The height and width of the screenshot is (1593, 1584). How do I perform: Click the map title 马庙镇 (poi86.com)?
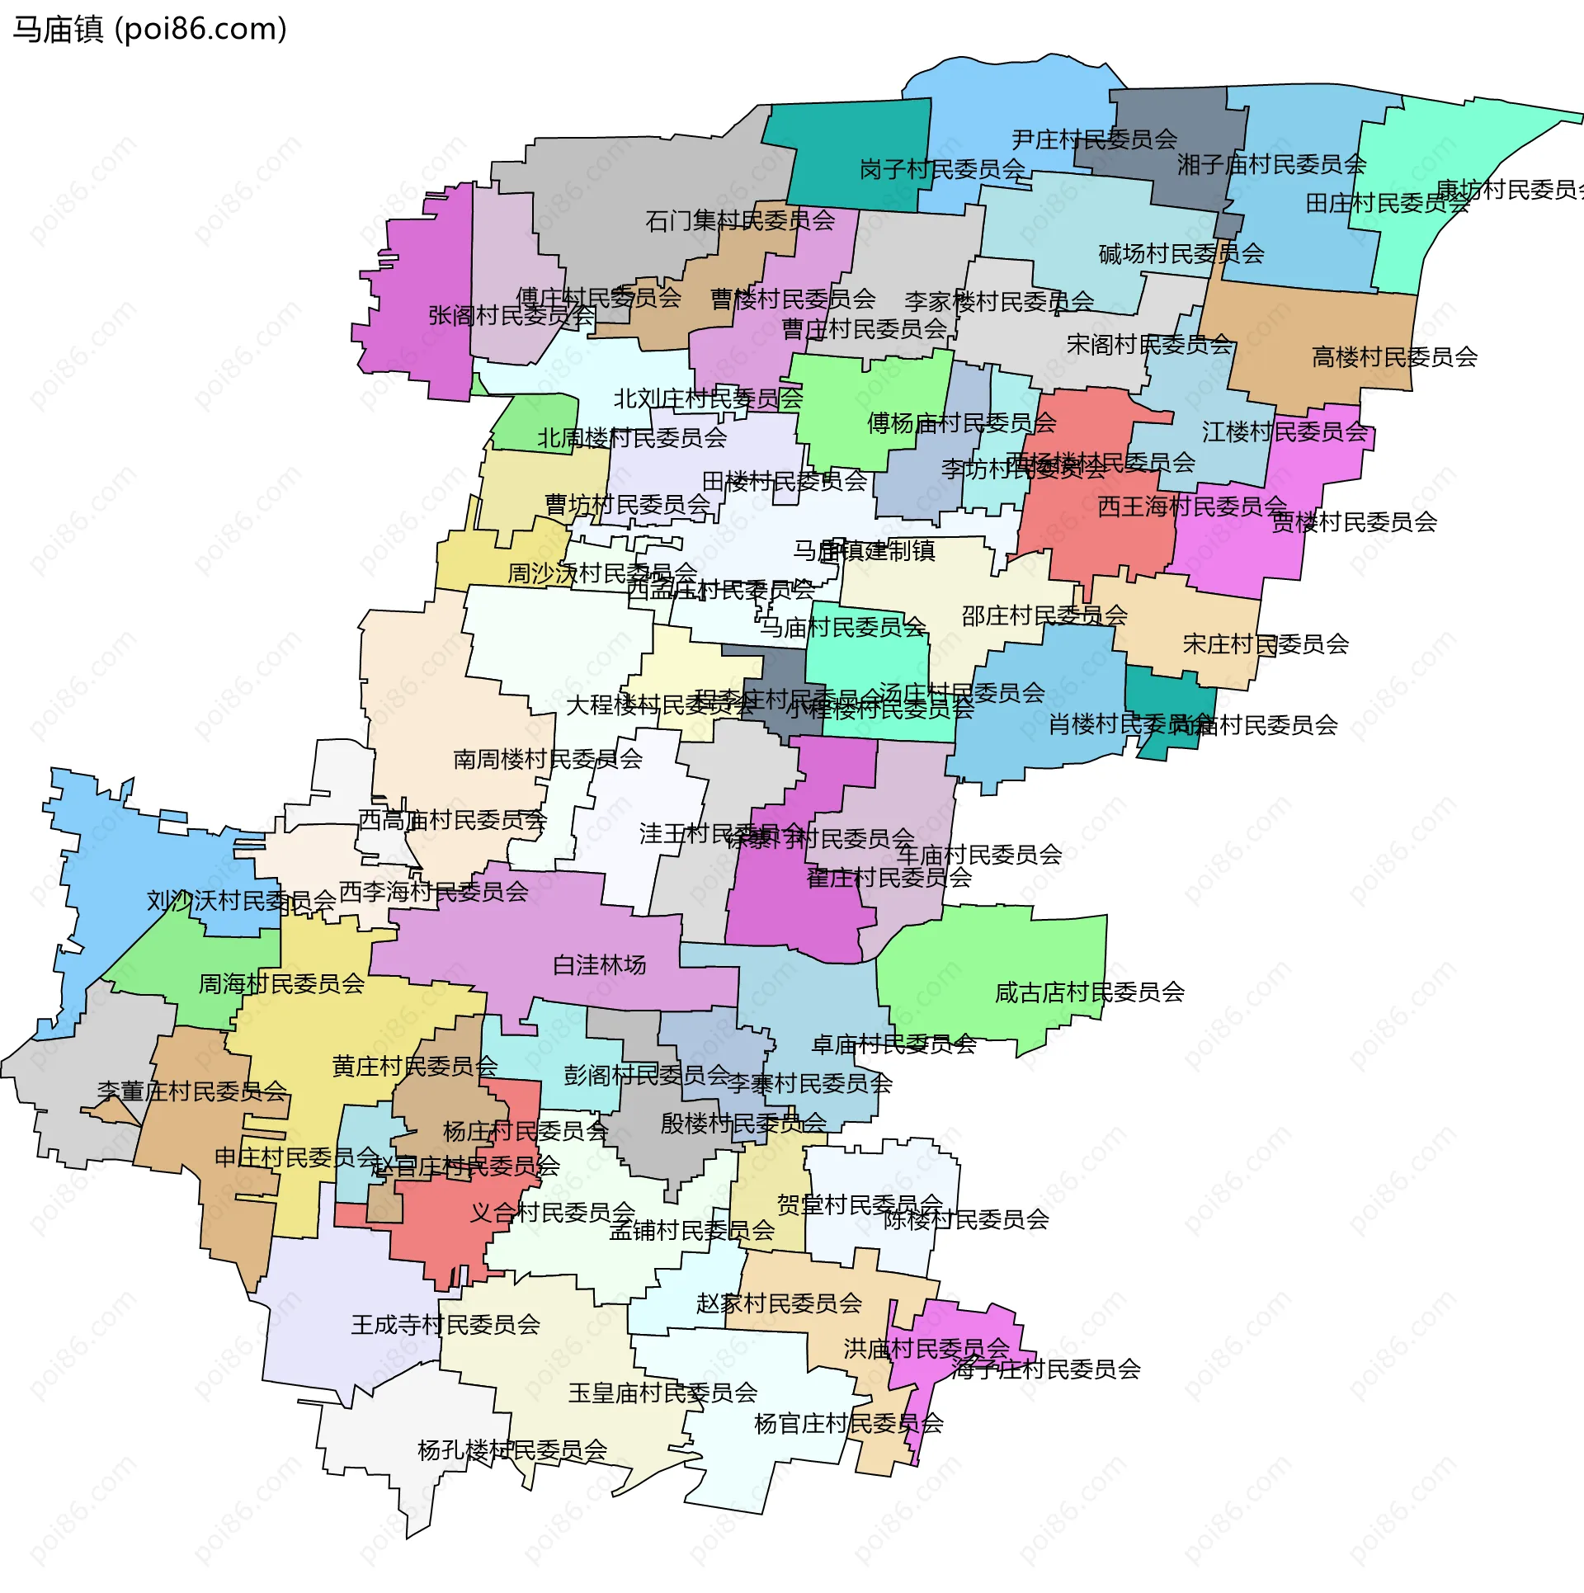149,30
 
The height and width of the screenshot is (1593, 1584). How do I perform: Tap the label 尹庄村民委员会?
1094,139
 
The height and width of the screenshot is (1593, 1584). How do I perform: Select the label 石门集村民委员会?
740,220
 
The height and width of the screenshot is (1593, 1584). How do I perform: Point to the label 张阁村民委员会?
511,315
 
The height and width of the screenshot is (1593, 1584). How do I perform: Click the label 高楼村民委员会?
1394,357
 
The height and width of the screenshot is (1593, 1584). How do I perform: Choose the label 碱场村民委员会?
1181,253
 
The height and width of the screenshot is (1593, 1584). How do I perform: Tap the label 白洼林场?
599,964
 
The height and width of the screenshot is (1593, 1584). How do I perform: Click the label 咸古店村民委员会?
1090,992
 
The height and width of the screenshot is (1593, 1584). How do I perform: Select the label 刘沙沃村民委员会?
242,901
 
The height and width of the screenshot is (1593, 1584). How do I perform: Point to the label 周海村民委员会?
281,983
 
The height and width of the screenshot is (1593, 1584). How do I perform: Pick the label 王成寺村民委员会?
445,1325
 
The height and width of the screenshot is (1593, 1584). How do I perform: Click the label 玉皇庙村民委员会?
662,1393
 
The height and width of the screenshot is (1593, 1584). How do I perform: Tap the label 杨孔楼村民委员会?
512,1449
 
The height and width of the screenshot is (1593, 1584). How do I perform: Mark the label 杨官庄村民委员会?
849,1423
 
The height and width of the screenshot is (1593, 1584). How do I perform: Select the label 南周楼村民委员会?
548,759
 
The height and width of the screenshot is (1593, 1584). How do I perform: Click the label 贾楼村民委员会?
1354,522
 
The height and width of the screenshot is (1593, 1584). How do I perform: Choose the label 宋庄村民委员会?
1266,643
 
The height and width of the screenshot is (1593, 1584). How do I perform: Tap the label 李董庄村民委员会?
192,1091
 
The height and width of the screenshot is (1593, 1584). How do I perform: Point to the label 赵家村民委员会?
779,1303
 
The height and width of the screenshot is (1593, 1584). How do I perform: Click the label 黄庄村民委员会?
415,1067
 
